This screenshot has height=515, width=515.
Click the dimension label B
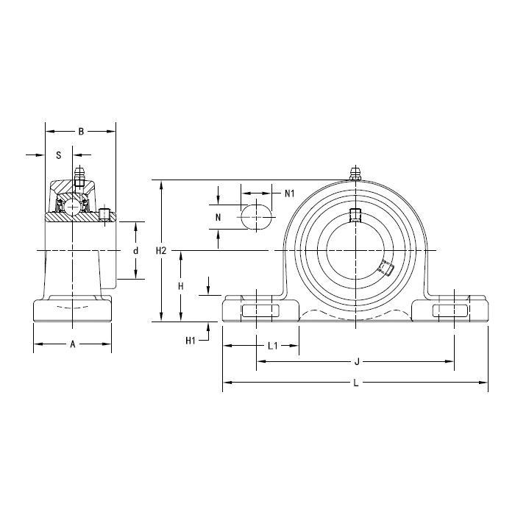(x=81, y=132)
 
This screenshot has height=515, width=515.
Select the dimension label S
(x=59, y=155)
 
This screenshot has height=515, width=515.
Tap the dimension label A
(x=73, y=344)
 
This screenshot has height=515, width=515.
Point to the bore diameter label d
(x=135, y=251)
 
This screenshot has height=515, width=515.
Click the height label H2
(x=161, y=251)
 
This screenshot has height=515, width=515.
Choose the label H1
(x=191, y=341)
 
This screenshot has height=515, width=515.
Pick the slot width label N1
(x=289, y=193)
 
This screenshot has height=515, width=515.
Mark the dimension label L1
(x=273, y=346)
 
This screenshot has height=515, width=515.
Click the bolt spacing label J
(x=357, y=362)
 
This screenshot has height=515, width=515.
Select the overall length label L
(x=356, y=383)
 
